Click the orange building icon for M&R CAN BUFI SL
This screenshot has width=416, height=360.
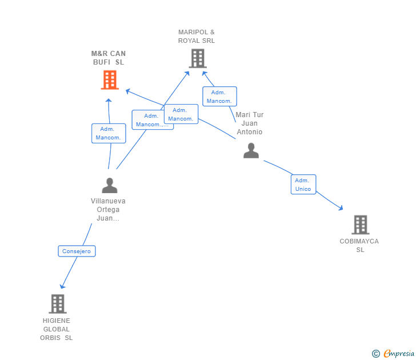(109, 80)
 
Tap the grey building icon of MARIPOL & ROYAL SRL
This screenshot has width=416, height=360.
(197, 58)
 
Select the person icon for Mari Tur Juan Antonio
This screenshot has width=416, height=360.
(251, 151)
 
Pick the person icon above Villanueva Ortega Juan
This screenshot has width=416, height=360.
(109, 185)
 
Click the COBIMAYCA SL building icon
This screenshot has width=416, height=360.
(360, 225)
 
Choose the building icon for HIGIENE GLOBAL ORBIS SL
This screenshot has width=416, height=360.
(57, 304)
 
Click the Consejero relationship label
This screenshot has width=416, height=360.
(77, 251)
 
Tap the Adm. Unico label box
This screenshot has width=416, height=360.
(303, 185)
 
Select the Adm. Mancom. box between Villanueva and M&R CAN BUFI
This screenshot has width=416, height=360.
(108, 133)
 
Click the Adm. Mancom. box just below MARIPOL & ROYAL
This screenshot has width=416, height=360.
(219, 97)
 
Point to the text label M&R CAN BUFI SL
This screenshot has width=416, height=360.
(109, 58)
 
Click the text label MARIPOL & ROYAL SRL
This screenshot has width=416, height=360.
(197, 37)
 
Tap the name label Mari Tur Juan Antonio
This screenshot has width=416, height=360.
(250, 123)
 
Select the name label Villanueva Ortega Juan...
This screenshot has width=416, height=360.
(108, 210)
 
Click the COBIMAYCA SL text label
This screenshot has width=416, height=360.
(359, 245)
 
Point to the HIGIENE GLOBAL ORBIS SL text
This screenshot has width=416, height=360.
(57, 329)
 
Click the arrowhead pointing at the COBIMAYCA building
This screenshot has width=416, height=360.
(341, 209)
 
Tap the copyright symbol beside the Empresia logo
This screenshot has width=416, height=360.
(375, 354)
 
